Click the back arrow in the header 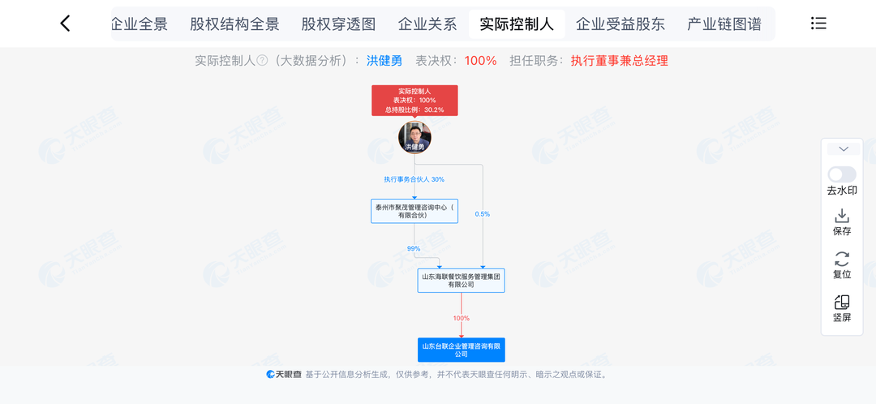point(66,24)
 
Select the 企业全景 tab point(139,24)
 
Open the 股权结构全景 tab point(234,24)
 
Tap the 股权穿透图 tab point(338,24)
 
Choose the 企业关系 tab point(427,24)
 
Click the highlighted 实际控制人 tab point(517,24)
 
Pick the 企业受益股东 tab point(620,24)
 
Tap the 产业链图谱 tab point(724,24)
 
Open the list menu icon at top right point(818,24)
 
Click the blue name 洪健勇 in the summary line point(384,61)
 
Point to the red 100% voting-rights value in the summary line point(480,61)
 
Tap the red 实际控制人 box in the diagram point(414,101)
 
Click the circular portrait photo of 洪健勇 point(414,136)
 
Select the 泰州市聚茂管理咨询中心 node point(414,211)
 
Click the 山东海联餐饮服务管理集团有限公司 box point(462,281)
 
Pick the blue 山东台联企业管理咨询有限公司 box point(462,350)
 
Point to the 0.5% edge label point(483,214)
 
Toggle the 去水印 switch point(842,174)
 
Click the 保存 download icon point(842,216)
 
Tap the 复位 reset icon point(842,260)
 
